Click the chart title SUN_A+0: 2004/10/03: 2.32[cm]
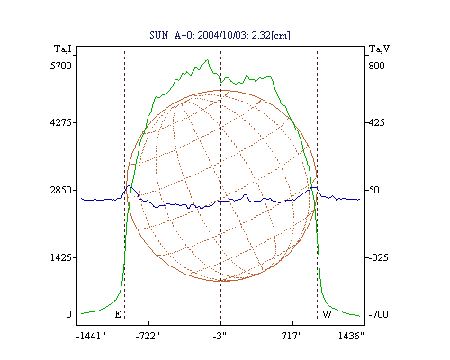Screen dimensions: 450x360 220,35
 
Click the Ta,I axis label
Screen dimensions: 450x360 63,49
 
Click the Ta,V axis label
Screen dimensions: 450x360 379,49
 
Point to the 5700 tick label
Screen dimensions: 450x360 61,66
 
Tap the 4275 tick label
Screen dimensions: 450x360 61,122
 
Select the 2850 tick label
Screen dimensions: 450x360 61,190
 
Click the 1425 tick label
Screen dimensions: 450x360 61,257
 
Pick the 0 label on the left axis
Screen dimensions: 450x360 68,314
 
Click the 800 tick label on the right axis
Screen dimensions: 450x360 376,66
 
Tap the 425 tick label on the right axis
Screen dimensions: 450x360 376,122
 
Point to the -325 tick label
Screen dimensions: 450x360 378,257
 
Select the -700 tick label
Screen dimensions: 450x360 378,314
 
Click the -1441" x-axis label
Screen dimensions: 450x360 91,336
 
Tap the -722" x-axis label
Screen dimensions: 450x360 148,336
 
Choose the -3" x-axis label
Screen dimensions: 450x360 220,336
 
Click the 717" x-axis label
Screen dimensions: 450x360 292,336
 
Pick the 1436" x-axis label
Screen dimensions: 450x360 351,336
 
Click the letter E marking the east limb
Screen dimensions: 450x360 118,314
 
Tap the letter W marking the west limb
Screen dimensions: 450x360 327,314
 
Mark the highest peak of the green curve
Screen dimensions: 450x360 207,60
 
